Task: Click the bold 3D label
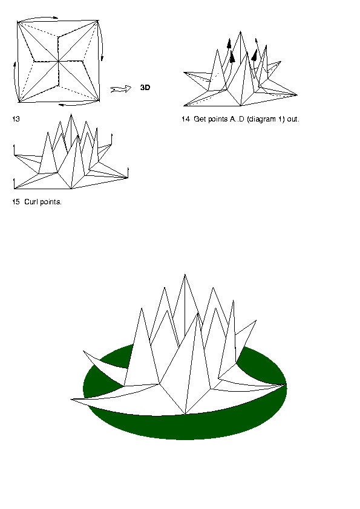(145, 87)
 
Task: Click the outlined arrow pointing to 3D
(121, 89)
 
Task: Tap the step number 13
(16, 119)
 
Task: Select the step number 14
(186, 119)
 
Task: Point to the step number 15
(16, 202)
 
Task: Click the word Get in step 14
(200, 119)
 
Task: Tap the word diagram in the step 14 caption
(261, 120)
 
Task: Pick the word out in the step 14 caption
(293, 119)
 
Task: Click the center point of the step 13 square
(59, 61)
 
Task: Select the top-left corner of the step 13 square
(18, 22)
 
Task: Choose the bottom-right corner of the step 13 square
(99, 102)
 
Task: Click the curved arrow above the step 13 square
(38, 18)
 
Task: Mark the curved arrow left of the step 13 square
(15, 81)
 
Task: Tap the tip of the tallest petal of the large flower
(185, 274)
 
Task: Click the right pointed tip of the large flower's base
(286, 384)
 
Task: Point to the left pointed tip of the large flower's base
(71, 400)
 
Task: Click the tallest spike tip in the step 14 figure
(240, 31)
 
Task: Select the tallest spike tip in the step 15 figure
(71, 114)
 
